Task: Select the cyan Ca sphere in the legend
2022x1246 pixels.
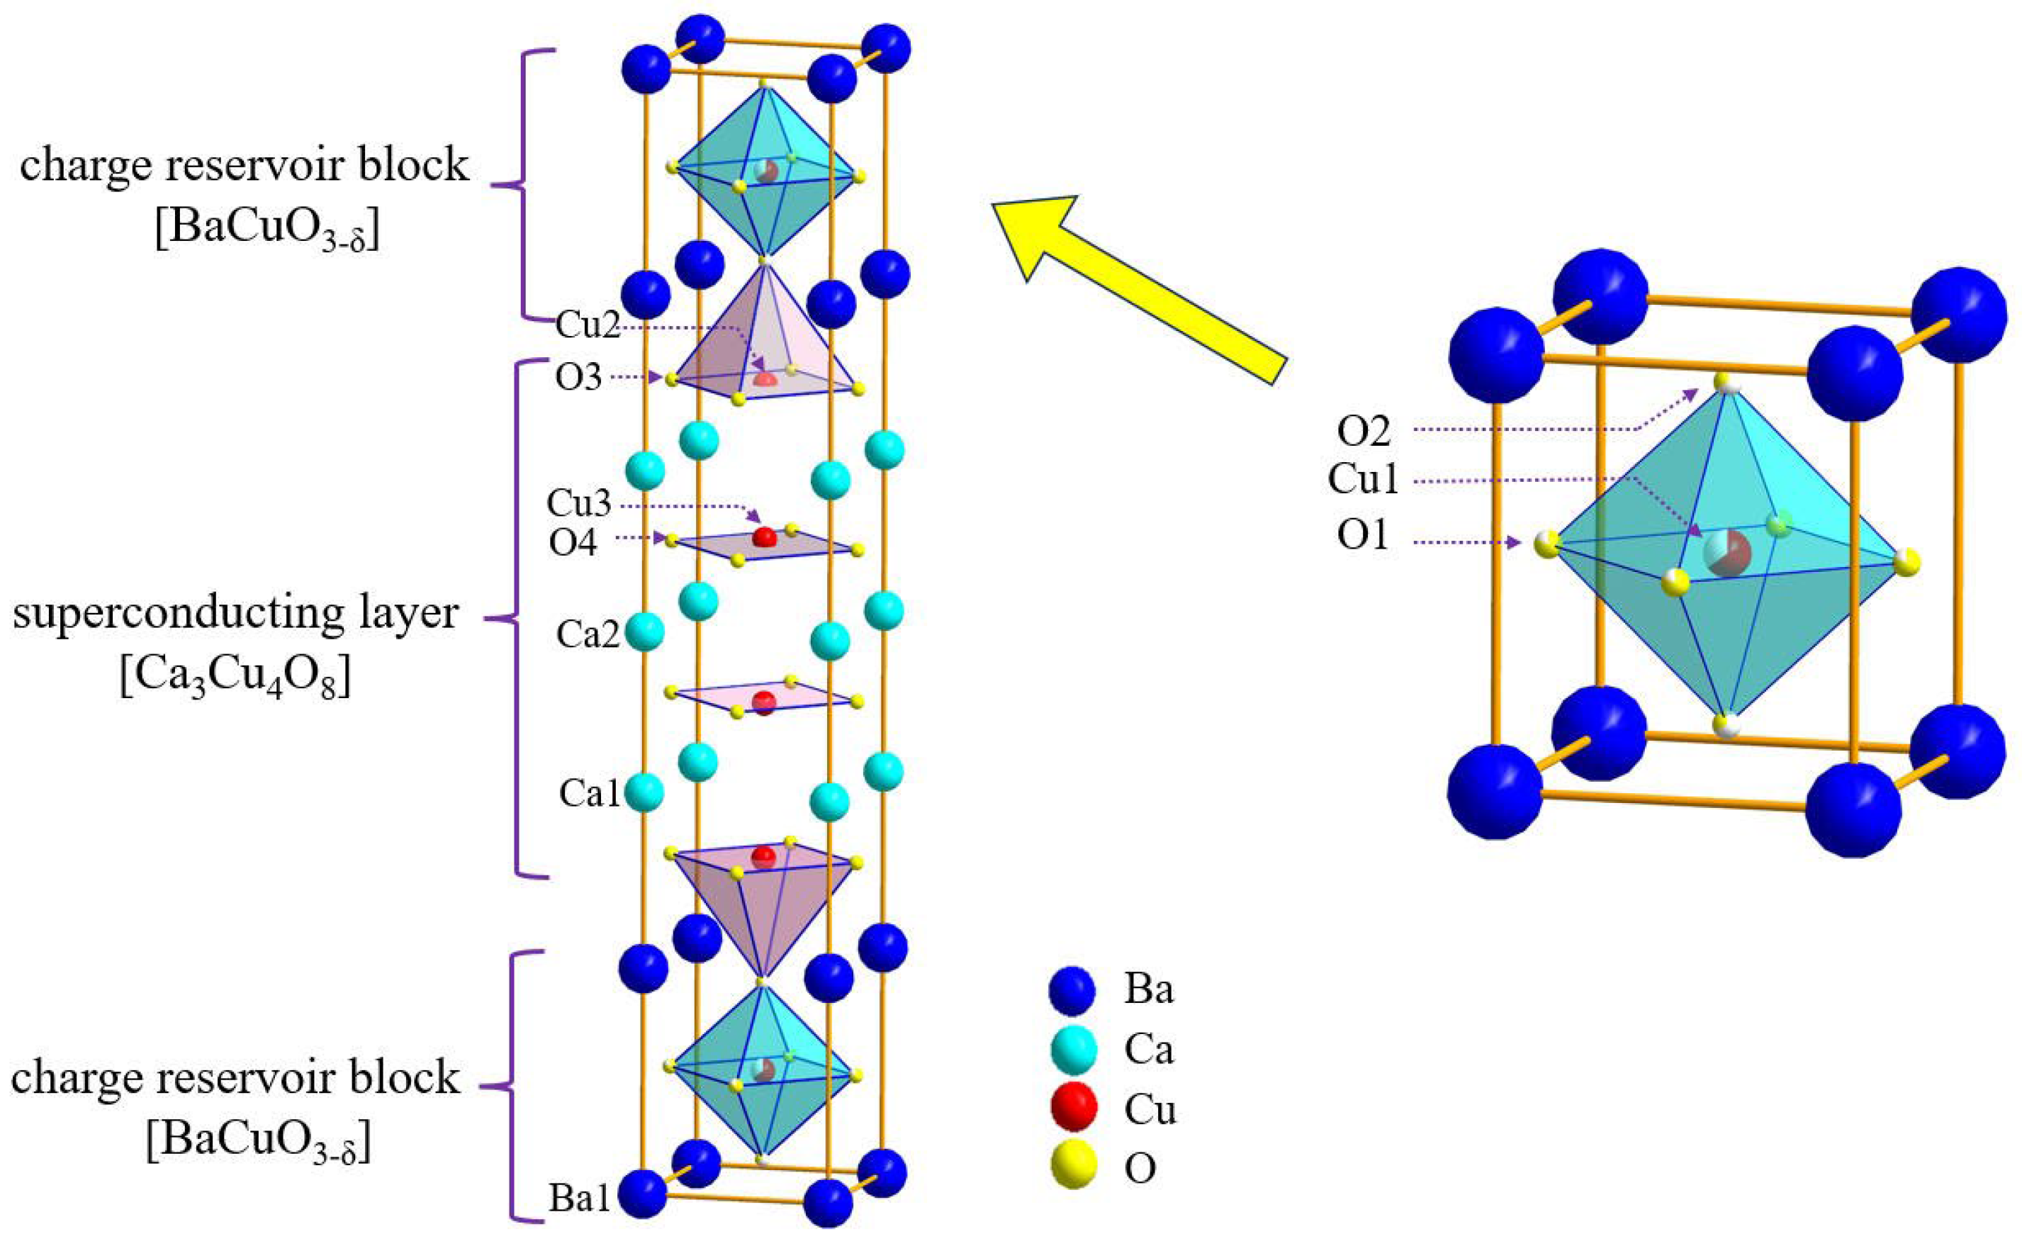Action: (1073, 1049)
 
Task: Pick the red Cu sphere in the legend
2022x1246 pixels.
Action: (1074, 1108)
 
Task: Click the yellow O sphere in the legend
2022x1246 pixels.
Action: (1074, 1165)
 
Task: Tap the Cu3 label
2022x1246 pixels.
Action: (578, 503)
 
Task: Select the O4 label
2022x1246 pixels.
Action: (573, 543)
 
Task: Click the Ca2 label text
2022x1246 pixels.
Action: (588, 634)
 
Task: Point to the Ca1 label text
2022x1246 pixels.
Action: (589, 794)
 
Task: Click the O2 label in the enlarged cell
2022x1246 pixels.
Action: (1364, 431)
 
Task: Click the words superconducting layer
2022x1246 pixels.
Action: (236, 614)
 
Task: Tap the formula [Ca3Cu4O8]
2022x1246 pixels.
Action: (236, 678)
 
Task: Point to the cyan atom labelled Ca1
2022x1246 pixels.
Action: (644, 794)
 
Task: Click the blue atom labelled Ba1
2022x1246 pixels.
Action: (643, 1194)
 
